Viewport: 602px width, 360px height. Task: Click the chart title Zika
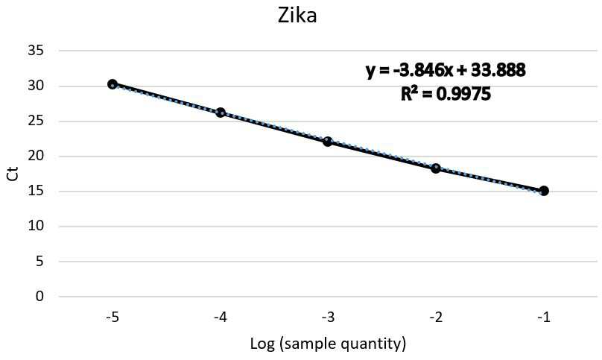click(297, 16)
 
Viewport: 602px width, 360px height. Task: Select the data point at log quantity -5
click(112, 84)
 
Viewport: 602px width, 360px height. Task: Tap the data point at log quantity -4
click(221, 113)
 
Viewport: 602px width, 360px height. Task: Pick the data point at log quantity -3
click(328, 142)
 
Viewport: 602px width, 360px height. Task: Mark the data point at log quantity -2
click(436, 168)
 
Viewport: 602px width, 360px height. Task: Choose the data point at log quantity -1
click(544, 191)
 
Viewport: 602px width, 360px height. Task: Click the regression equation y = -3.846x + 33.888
click(446, 70)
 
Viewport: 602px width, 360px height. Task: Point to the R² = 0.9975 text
click(446, 93)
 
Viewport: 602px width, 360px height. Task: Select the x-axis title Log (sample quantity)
click(328, 343)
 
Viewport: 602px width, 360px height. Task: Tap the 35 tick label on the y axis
click(36, 51)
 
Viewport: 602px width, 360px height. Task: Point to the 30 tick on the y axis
click(36, 86)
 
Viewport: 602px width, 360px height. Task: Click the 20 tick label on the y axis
click(36, 156)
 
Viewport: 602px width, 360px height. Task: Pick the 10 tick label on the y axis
click(36, 226)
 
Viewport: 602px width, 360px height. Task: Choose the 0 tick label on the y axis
click(40, 296)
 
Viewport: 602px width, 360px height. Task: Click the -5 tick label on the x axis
click(112, 318)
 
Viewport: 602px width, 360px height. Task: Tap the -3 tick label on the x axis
click(328, 318)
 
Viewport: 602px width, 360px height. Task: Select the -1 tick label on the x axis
click(543, 318)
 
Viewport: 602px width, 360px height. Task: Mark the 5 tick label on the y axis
click(40, 262)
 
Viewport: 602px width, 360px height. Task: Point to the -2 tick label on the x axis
click(435, 318)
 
